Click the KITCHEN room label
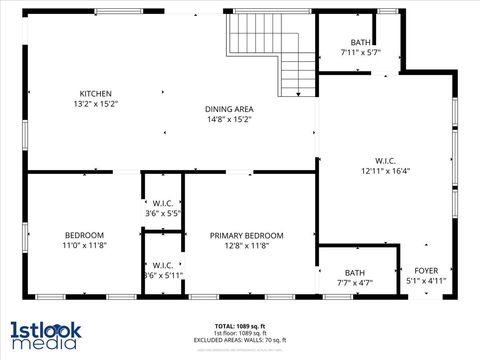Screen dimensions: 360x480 click(x=95, y=93)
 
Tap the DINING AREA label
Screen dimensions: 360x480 click(x=229, y=109)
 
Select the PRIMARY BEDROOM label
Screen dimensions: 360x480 click(x=247, y=236)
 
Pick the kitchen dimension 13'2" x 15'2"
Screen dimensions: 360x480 click(x=95, y=103)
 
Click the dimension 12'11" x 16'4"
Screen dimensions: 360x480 click(x=385, y=170)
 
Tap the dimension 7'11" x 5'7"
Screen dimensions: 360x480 click(x=360, y=52)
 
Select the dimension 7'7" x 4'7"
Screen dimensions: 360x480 click(x=355, y=283)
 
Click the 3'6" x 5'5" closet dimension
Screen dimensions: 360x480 click(x=163, y=213)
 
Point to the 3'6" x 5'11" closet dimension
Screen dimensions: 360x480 click(x=163, y=275)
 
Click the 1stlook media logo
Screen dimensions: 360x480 click(x=44, y=335)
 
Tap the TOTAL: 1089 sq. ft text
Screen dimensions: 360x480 click(x=239, y=326)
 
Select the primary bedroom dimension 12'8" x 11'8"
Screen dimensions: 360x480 click(x=247, y=246)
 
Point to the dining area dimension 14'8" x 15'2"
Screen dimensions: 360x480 click(x=229, y=119)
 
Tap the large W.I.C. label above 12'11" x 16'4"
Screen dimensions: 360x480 click(x=385, y=160)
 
